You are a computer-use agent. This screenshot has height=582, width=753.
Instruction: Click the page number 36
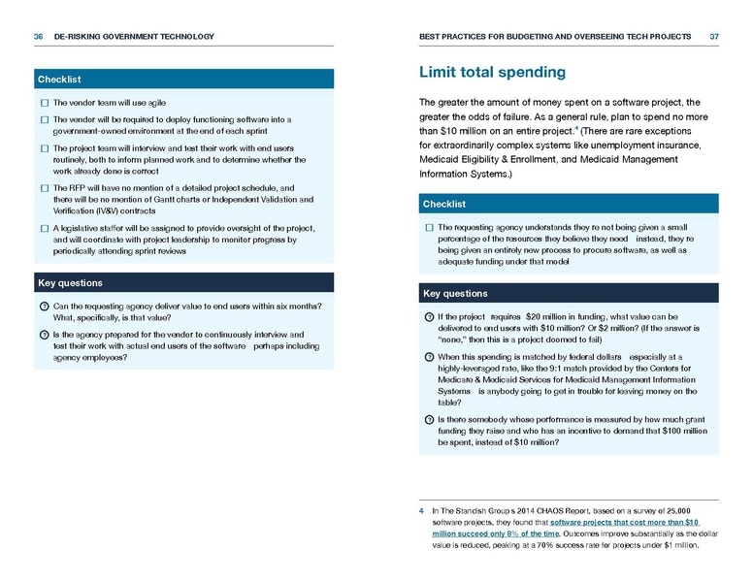click(39, 37)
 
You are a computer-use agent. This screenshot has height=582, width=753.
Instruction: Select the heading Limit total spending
click(492, 73)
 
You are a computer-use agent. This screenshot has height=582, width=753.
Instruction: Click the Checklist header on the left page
click(59, 79)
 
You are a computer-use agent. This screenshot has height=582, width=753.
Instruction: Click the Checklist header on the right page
click(444, 204)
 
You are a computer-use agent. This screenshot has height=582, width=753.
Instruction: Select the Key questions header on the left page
click(69, 283)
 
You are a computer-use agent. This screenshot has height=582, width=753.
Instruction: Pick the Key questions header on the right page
click(455, 293)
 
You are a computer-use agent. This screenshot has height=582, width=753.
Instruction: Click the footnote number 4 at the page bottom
click(421, 509)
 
